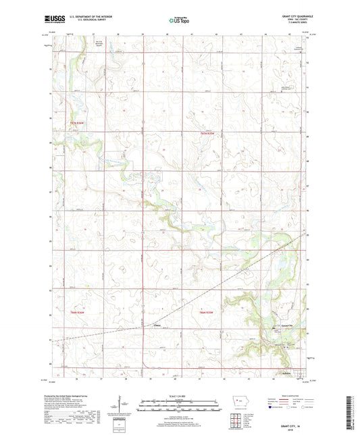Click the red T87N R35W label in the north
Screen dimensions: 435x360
coord(206,133)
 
